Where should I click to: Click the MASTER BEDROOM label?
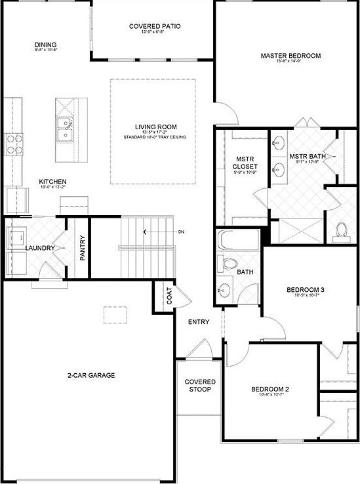click(290, 56)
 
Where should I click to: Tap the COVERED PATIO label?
click(155, 27)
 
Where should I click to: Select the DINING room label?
click(46, 45)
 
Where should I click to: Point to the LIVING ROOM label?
click(156, 127)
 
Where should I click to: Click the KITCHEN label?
click(52, 182)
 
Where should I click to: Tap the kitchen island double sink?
click(65, 129)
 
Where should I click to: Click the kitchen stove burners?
click(14, 143)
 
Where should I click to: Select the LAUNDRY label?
click(39, 248)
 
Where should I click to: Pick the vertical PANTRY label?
click(83, 249)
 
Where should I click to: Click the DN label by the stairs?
click(181, 232)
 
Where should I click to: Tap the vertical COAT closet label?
click(169, 298)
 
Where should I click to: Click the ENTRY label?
click(198, 322)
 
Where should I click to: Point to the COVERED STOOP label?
click(200, 386)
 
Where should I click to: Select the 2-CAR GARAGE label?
click(91, 376)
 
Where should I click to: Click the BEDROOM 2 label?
click(270, 390)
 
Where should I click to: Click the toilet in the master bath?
click(341, 230)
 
